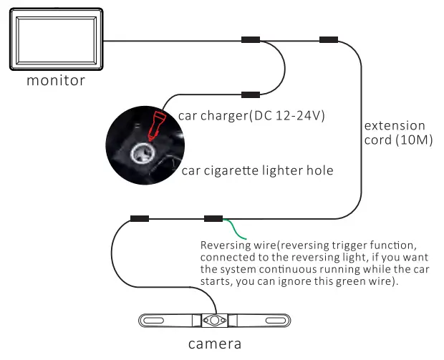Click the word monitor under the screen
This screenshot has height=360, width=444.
[56, 80]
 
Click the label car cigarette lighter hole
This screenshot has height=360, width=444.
[257, 170]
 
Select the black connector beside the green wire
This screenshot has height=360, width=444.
[213, 218]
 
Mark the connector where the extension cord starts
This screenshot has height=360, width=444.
[329, 40]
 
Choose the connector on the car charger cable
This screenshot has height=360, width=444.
[250, 94]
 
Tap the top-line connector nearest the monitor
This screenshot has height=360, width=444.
[251, 40]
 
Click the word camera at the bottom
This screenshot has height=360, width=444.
[215, 345]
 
